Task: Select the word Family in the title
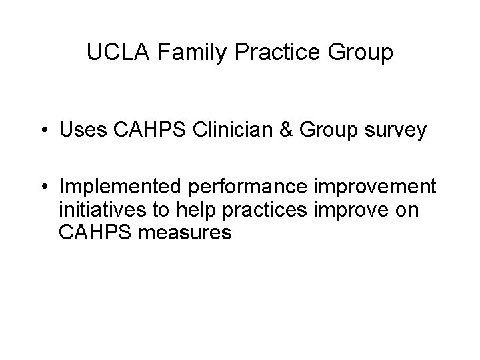pos(180,53)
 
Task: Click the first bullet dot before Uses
pos(44,131)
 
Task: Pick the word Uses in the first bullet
pos(80,130)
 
